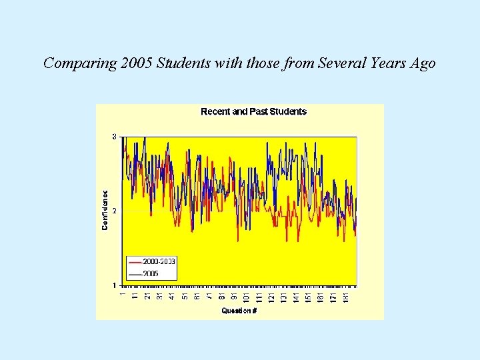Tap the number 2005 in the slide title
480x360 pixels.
coord(136,63)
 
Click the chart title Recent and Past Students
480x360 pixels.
coord(253,112)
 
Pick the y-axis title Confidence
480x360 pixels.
coord(105,209)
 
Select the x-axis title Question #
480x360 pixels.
coord(239,311)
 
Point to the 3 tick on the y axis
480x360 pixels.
coord(114,137)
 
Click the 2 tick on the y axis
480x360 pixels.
coord(114,211)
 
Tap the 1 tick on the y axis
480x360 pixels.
coord(114,285)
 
